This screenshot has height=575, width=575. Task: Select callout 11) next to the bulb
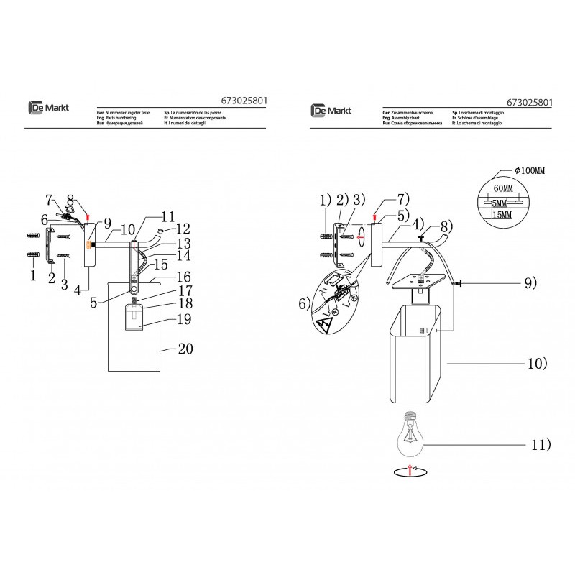pos(540,445)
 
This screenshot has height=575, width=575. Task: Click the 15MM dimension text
pos(504,214)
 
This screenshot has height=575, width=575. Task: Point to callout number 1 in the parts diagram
pos(32,274)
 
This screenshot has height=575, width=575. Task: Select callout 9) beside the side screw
pos(529,284)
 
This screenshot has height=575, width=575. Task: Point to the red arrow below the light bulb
pos(408,469)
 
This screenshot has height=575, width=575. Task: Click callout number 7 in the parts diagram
pos(50,199)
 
